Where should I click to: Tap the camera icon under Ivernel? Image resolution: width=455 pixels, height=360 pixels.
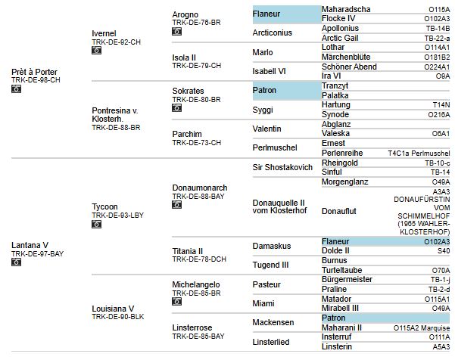[96, 51]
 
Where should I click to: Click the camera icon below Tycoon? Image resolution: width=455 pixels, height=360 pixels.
[96, 224]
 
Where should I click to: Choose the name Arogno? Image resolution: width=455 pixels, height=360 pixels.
[185, 14]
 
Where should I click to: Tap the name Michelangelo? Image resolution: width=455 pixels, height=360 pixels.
[197, 282]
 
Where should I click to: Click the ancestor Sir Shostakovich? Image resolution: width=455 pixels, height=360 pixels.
[282, 167]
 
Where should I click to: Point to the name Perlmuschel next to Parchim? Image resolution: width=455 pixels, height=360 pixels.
[276, 147]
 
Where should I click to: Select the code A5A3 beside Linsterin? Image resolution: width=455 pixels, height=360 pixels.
[441, 346]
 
